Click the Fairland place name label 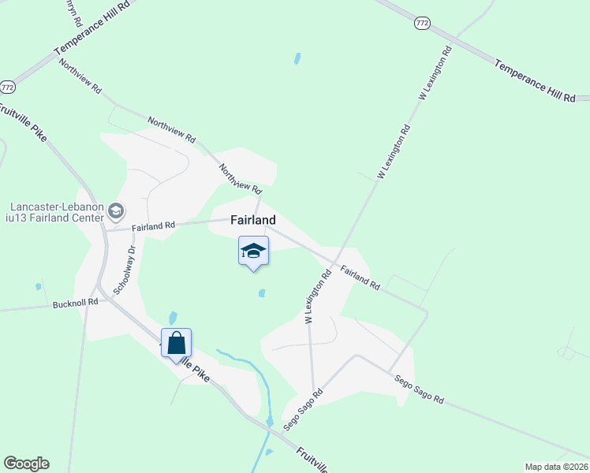[253, 221]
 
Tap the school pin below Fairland [254, 251]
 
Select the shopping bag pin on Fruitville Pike [177, 344]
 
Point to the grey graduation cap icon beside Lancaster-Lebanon [117, 210]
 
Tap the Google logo [26, 464]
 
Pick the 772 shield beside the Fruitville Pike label [8, 86]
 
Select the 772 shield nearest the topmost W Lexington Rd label [422, 24]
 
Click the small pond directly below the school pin [261, 294]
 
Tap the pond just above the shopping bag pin [173, 318]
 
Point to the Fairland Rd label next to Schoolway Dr [153, 227]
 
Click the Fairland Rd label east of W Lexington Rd [360, 279]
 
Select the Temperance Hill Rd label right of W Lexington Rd [534, 80]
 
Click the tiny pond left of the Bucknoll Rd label [38, 287]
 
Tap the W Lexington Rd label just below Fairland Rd [318, 296]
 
